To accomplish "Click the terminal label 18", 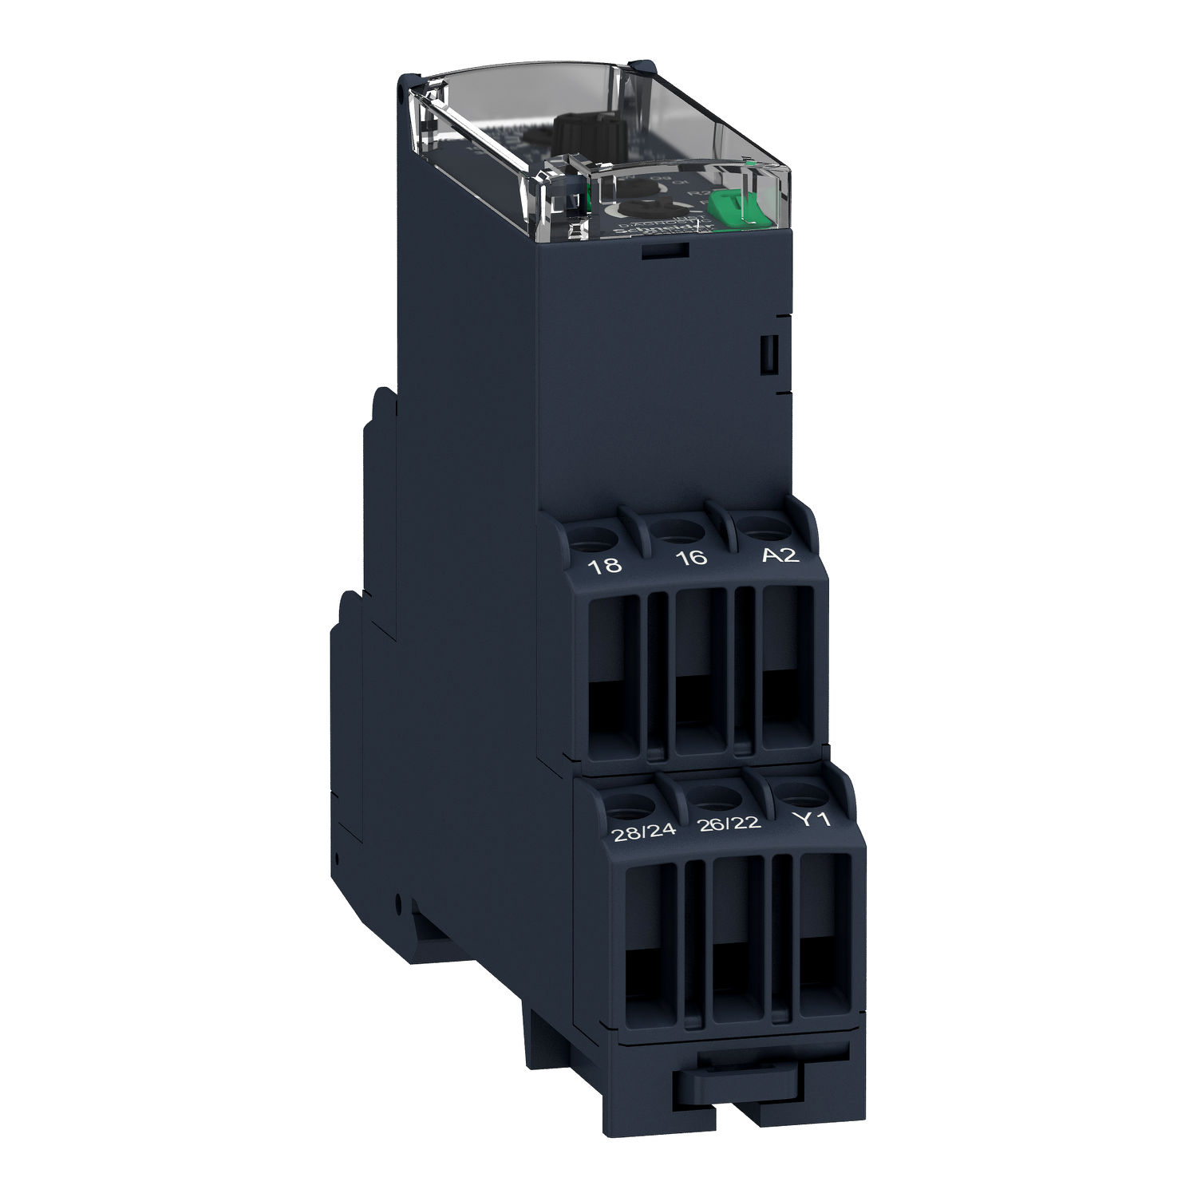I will (x=604, y=566).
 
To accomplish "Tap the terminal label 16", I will (x=691, y=557).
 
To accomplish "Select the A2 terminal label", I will (x=780, y=554).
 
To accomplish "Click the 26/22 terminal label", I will (x=729, y=824).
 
